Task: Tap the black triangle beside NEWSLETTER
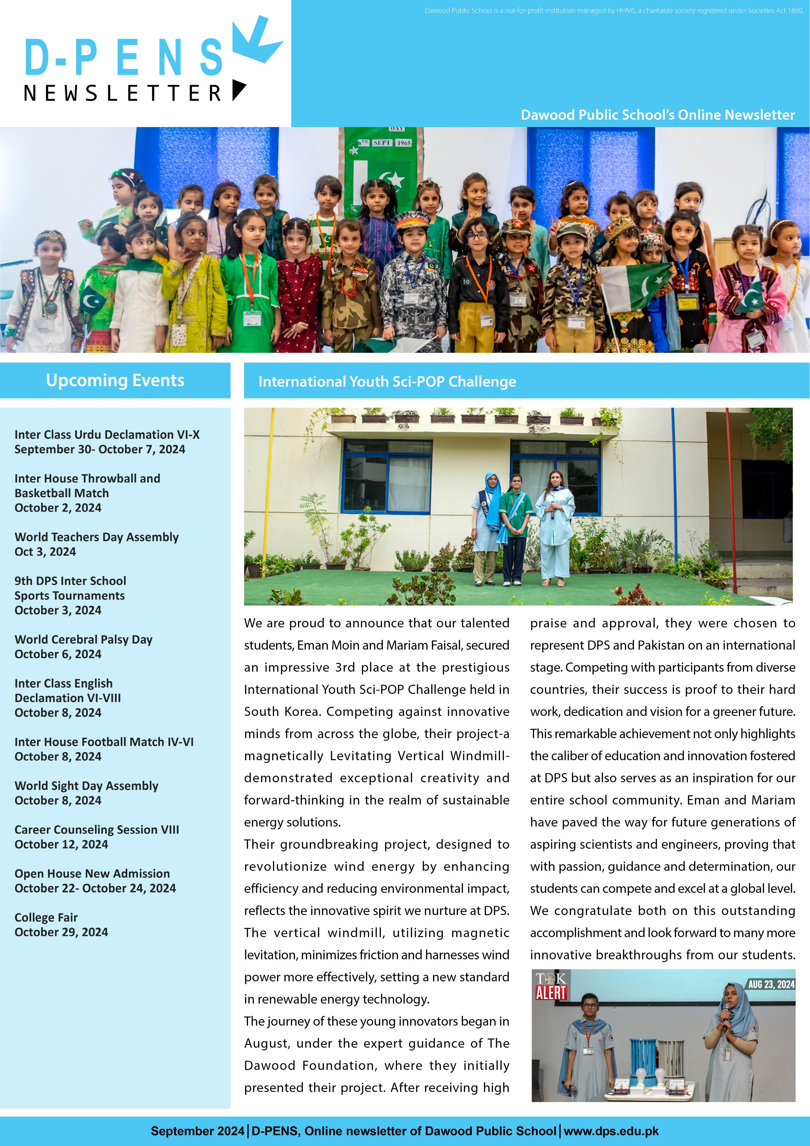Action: pyautogui.click(x=239, y=90)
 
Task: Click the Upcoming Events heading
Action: pyautogui.click(x=115, y=380)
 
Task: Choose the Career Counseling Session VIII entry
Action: pyautogui.click(x=97, y=829)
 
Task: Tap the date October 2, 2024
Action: pyautogui.click(x=58, y=508)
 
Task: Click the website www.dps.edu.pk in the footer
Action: pyautogui.click(x=611, y=1131)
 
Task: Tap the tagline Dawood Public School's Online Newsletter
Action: pyautogui.click(x=657, y=115)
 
